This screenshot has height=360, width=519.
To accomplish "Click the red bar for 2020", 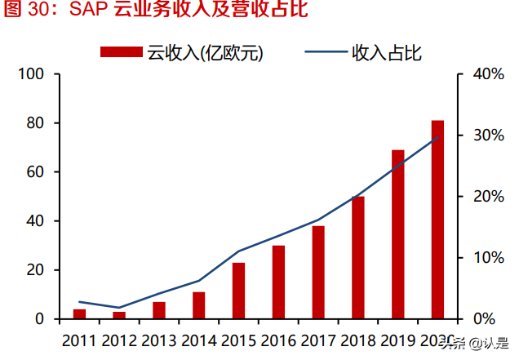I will point(437,220).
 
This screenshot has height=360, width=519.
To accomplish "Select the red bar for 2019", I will point(397,234).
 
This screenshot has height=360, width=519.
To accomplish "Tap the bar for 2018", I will point(358,257).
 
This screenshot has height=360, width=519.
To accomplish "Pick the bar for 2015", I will point(239,291).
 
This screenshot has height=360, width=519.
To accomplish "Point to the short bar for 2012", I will point(119,315).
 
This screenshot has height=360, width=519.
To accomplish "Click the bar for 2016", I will point(278,282).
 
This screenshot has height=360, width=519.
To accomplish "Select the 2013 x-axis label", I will point(158,340).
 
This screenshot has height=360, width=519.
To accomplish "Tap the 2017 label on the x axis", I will point(318,340).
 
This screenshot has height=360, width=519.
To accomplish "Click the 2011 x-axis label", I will point(79,340).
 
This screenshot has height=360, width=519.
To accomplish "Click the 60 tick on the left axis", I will point(36,172).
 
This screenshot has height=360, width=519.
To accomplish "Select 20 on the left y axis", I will point(36,270).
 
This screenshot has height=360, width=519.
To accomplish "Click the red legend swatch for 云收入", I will point(122,52).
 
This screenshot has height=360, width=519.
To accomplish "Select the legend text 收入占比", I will point(386,52).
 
